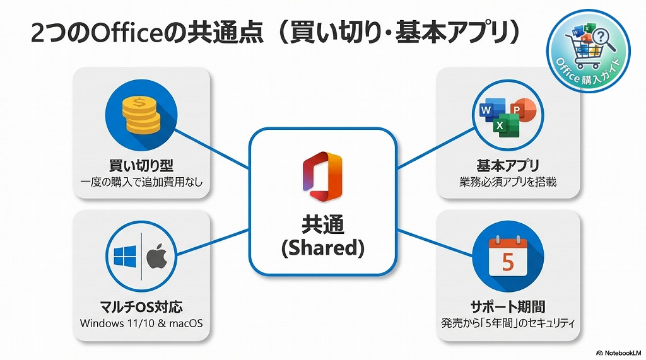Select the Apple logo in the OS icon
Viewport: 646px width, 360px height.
click(x=157, y=257)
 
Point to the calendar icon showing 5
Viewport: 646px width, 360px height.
click(x=507, y=255)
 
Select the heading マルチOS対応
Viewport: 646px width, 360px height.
click(x=141, y=307)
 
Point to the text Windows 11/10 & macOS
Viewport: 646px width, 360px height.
click(x=141, y=323)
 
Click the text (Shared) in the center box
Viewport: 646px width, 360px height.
click(x=322, y=248)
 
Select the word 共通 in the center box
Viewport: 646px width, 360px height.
click(x=322, y=224)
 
